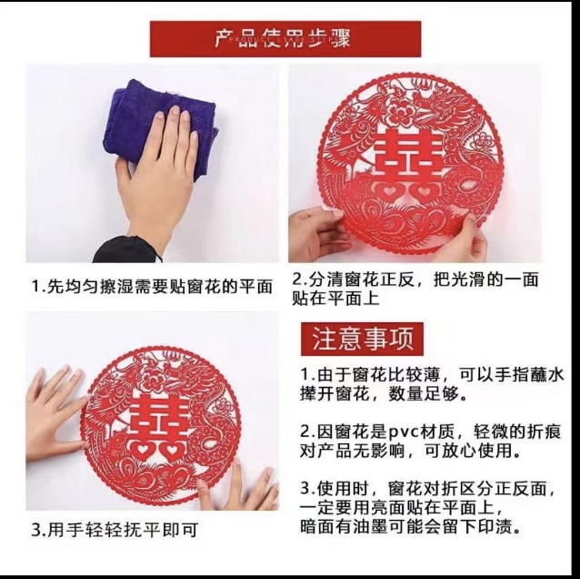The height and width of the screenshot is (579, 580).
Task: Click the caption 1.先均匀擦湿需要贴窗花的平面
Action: click(x=152, y=286)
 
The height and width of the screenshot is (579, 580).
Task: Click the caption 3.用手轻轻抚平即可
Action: click(x=114, y=529)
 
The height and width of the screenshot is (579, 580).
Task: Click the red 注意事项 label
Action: click(x=363, y=340)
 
